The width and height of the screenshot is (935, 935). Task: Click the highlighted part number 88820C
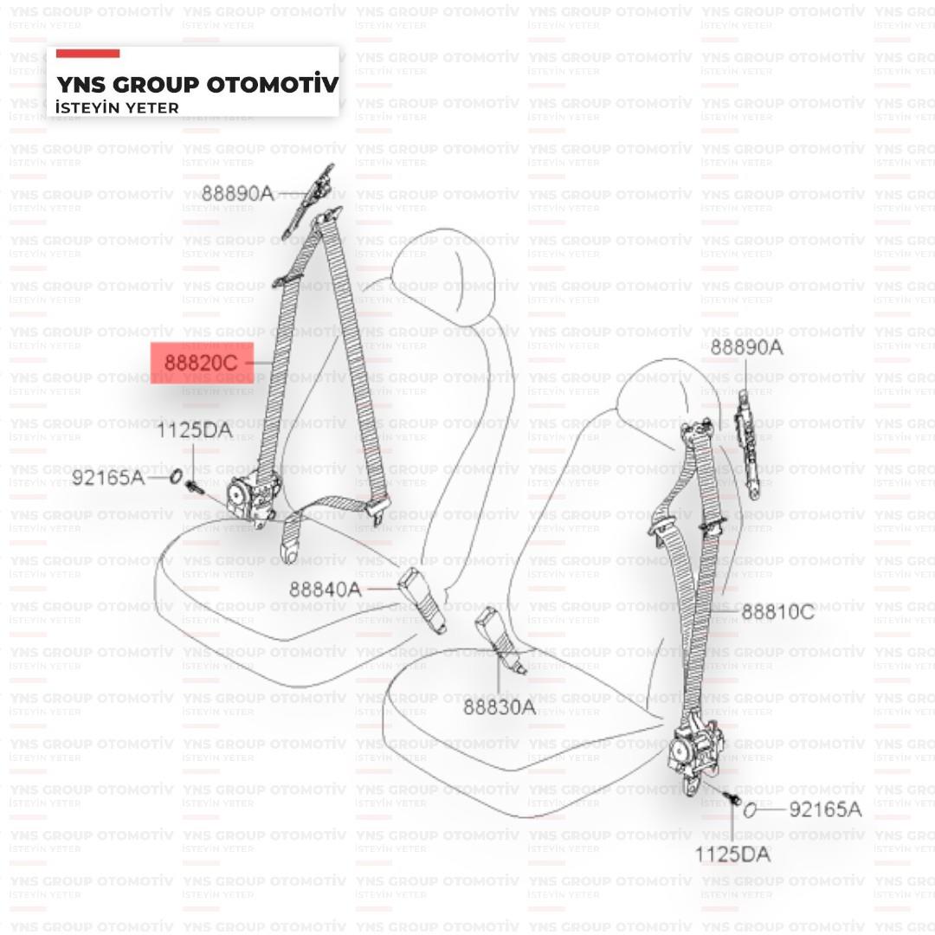pyautogui.click(x=201, y=363)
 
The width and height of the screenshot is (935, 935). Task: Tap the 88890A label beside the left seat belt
pyautogui.click(x=237, y=193)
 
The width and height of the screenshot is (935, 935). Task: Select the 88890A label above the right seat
pyautogui.click(x=746, y=347)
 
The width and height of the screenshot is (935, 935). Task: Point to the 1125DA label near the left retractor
pyautogui.click(x=194, y=429)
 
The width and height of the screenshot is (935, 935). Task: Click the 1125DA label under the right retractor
pyautogui.click(x=732, y=854)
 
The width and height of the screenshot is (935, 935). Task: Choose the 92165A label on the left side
pyautogui.click(x=108, y=477)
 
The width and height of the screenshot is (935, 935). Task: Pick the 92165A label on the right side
pyautogui.click(x=825, y=810)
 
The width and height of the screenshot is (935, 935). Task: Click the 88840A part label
pyautogui.click(x=325, y=589)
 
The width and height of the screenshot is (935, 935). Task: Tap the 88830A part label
pyautogui.click(x=499, y=707)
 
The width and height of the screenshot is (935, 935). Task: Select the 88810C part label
pyautogui.click(x=777, y=612)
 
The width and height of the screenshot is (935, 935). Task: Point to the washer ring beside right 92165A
pyautogui.click(x=750, y=810)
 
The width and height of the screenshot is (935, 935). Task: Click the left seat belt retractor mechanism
pyautogui.click(x=251, y=498)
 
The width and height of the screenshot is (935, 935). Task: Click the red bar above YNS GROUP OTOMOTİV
pyautogui.click(x=87, y=54)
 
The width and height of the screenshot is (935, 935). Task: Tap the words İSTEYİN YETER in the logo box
pyautogui.click(x=117, y=107)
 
